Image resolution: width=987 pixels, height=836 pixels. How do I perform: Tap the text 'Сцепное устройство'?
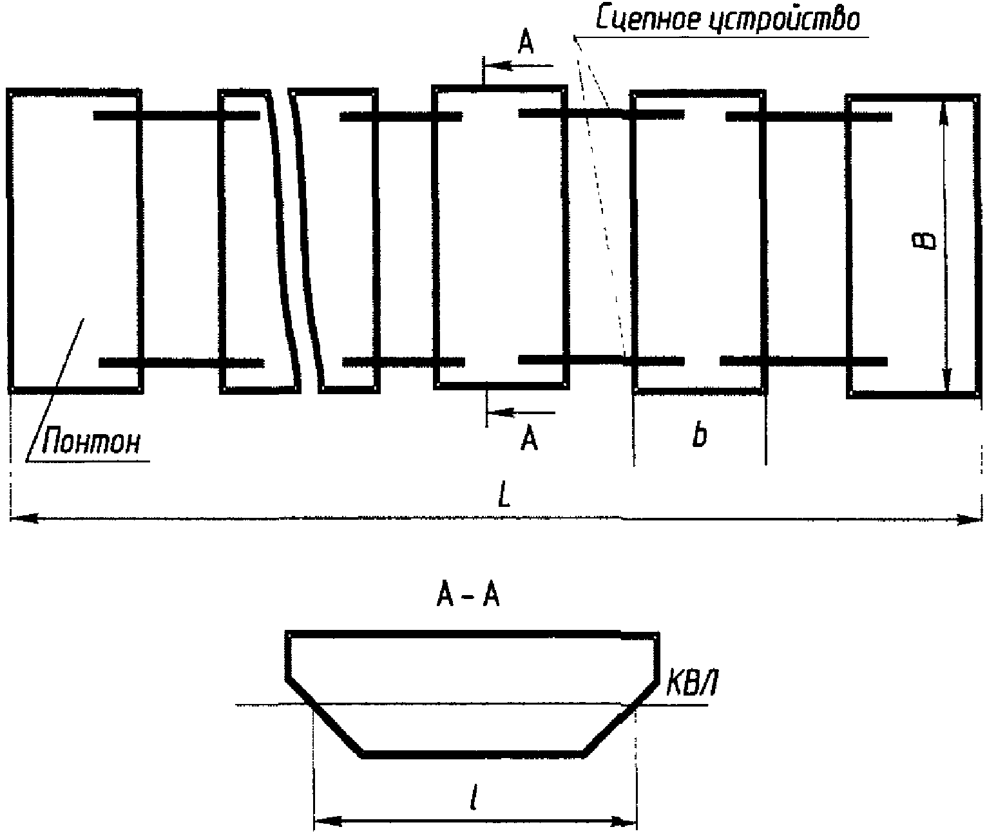tap(727, 20)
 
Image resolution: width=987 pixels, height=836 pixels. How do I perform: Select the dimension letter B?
tap(927, 242)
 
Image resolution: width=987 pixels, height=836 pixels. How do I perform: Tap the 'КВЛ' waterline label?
tap(691, 687)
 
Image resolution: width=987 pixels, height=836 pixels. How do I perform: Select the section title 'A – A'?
tap(468, 598)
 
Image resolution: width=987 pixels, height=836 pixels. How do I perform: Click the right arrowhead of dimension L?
tap(972, 519)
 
